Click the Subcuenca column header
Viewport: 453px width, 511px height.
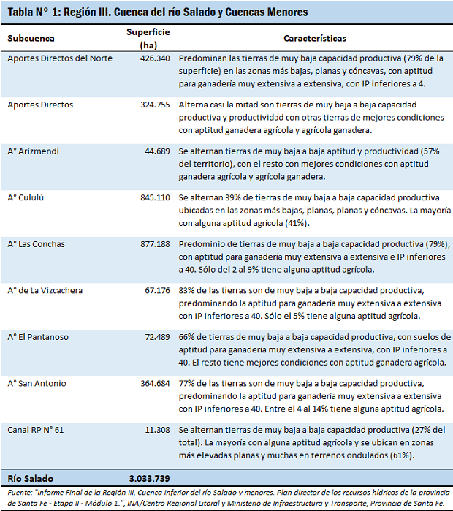[x=29, y=38]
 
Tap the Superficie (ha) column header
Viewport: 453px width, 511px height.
[x=148, y=39]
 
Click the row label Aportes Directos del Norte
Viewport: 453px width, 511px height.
[x=60, y=58]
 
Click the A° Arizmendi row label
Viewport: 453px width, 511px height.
[x=33, y=151]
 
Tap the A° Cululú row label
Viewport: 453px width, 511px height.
[x=28, y=198]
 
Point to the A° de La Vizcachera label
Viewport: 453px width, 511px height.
[x=45, y=290]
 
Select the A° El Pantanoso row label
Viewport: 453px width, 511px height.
[x=38, y=337]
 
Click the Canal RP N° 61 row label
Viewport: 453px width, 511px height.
[x=36, y=430]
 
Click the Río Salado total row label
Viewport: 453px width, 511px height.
[x=28, y=477]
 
